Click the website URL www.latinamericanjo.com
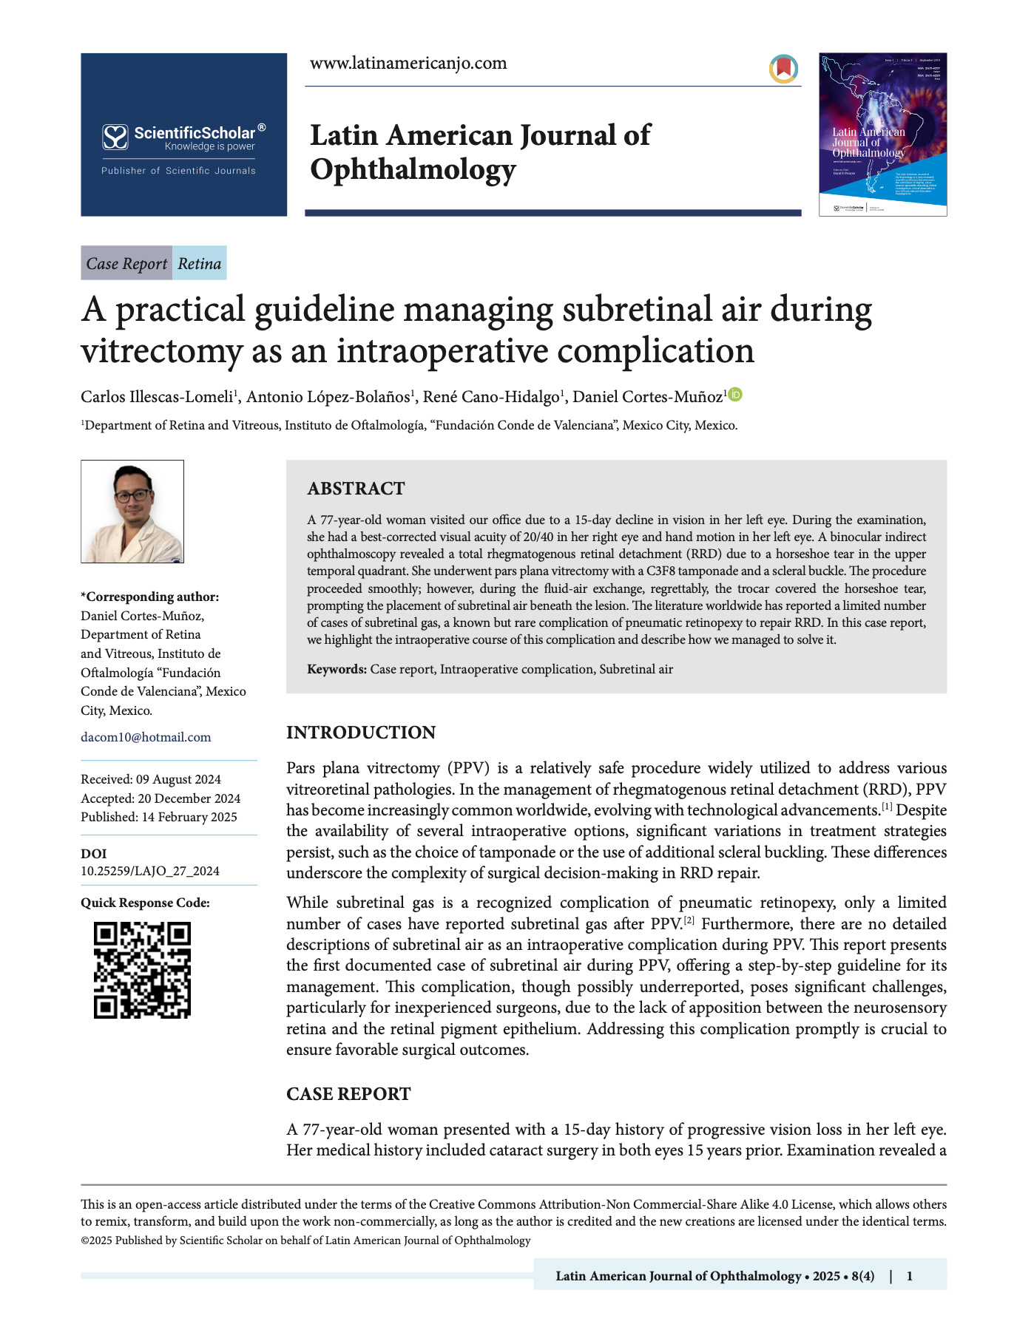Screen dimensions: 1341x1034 [x=408, y=64]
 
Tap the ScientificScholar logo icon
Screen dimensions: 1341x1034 [x=115, y=137]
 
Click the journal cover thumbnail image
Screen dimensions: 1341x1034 [x=882, y=135]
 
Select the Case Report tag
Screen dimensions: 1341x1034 [x=126, y=264]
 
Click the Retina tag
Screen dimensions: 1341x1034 [x=200, y=264]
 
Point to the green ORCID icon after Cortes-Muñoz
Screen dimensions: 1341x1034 [x=735, y=395]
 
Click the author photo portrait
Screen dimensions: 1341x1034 [x=132, y=512]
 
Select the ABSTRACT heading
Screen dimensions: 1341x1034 [x=356, y=489]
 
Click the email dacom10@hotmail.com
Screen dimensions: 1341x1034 [x=146, y=737]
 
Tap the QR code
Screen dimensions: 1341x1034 [x=142, y=970]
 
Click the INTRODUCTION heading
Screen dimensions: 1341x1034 [x=361, y=733]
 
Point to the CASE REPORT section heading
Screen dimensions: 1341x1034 [x=348, y=1094]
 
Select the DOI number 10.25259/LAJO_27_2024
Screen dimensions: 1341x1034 [x=150, y=871]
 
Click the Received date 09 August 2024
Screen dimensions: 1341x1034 [x=178, y=779]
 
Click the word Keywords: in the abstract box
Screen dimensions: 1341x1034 [x=337, y=669]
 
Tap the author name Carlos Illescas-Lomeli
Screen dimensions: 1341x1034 [x=157, y=397]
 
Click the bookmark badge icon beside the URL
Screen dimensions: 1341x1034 [x=783, y=69]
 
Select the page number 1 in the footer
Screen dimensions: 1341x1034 [x=909, y=1276]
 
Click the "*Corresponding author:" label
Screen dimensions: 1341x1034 [x=149, y=597]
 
